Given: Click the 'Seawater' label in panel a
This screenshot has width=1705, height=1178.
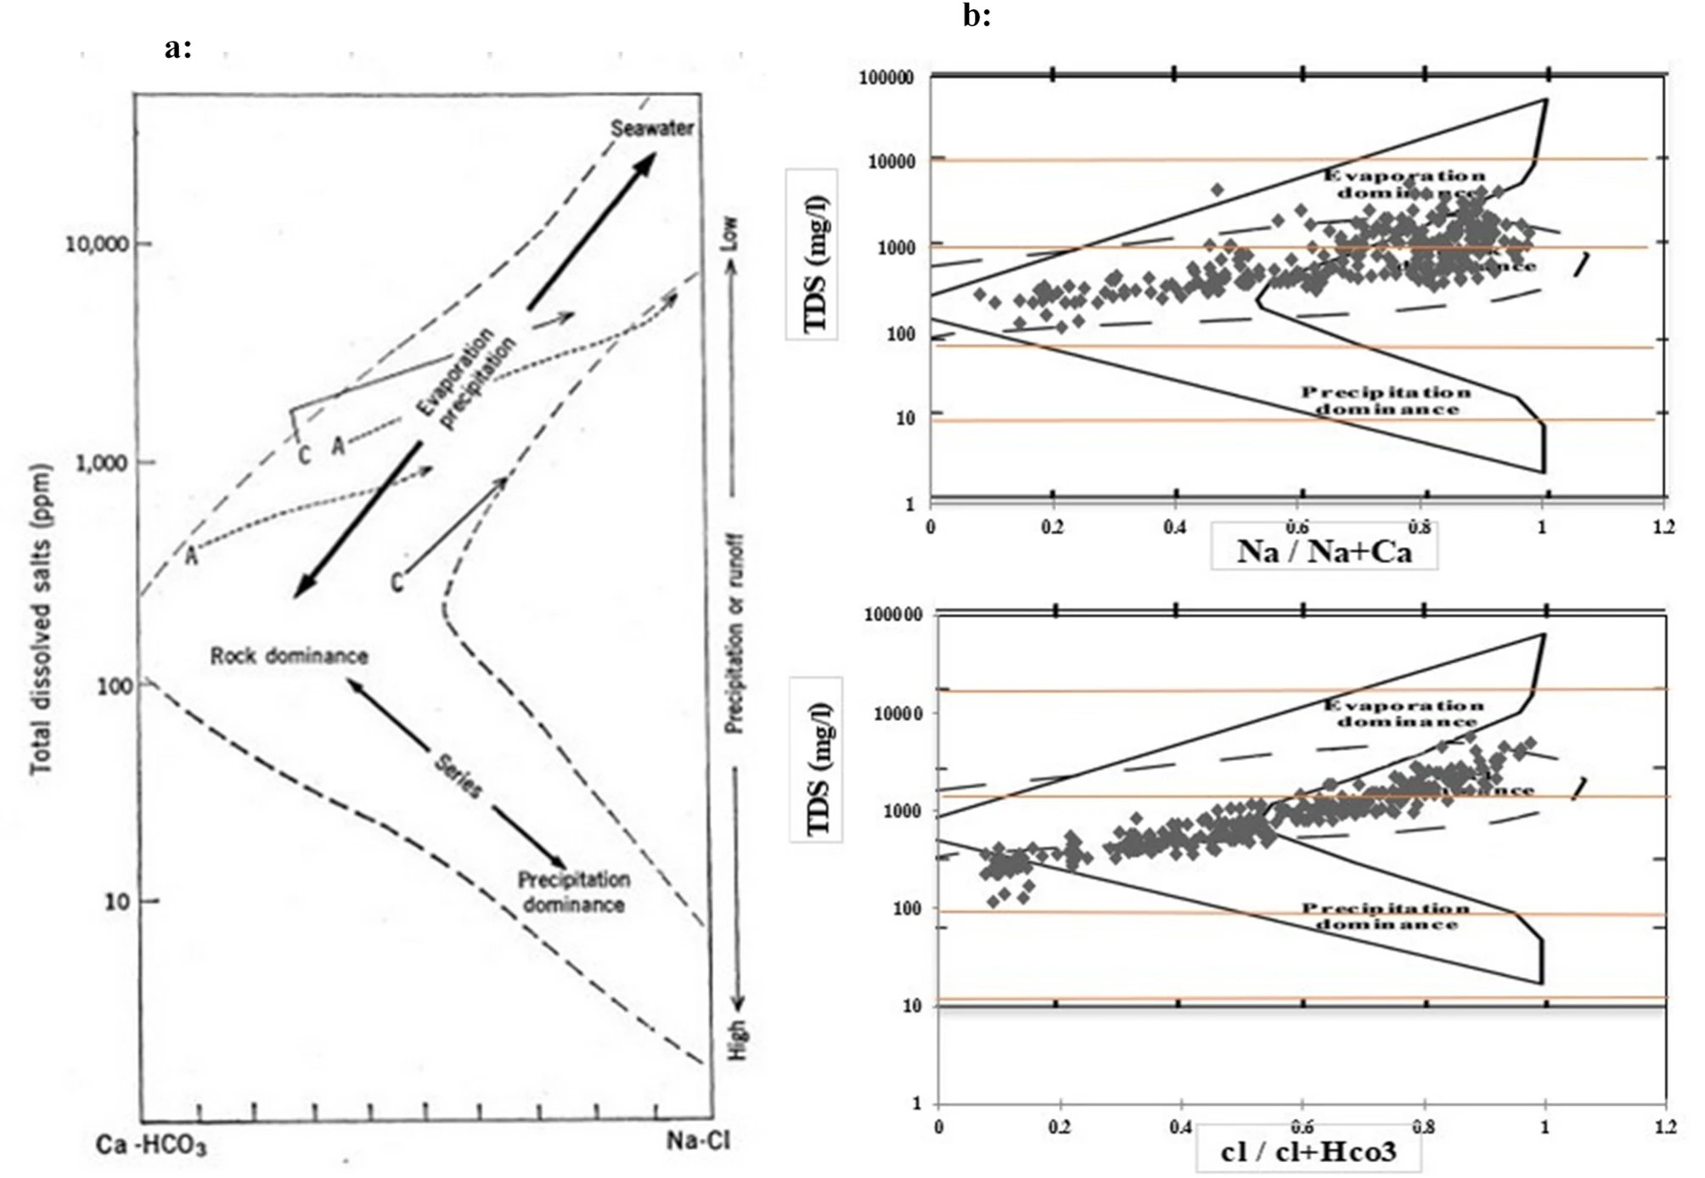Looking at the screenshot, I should pos(652,128).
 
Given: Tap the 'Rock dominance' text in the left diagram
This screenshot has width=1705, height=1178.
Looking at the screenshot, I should pos(289,656).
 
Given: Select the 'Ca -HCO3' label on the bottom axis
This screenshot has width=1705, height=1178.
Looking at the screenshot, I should pos(151,1145).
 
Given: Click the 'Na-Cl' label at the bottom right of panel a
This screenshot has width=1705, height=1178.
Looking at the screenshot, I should pos(697,1141).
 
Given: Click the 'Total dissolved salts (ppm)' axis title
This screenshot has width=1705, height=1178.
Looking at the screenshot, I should pos(41,620).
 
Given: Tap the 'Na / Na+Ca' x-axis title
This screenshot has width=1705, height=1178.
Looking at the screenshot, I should pos(1324,551).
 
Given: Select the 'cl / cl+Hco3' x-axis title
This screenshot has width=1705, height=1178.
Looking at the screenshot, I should pos(1308,1151).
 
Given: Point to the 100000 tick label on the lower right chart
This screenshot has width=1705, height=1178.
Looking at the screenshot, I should pos(892,614).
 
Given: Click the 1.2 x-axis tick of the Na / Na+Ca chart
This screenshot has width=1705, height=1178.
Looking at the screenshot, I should pos(1664,527).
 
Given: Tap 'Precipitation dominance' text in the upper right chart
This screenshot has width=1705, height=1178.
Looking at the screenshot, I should pos(1386,401).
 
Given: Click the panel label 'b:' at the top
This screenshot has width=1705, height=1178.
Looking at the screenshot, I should pos(976,15).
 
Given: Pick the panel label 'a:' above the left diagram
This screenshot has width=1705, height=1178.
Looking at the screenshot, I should pos(177,48).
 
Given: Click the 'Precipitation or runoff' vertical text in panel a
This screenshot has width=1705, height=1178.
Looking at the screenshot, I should pos(735,634).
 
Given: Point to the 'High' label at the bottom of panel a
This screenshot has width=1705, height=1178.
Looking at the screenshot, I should pos(737,1040).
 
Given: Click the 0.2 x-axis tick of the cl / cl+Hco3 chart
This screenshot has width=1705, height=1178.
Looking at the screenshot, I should pos(1059,1127).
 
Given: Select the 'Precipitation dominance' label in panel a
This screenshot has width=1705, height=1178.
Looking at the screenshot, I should pos(574,892).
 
